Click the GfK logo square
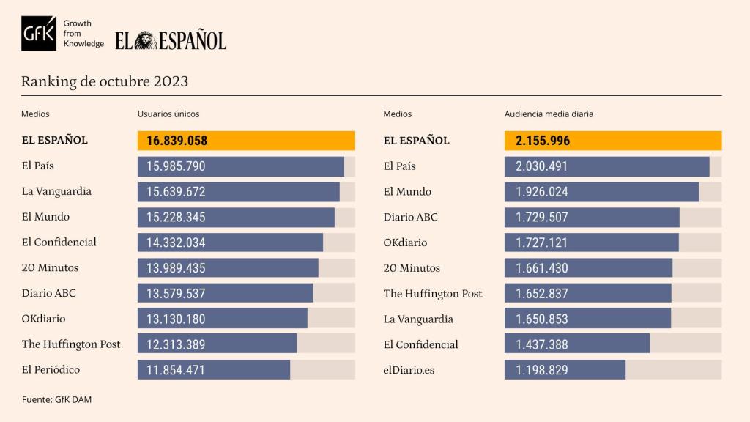pos(40,33)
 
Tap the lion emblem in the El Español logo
pos(146,40)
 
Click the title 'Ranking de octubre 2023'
pos(105,81)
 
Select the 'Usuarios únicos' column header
pos(168,114)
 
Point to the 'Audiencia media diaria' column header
pos(549,114)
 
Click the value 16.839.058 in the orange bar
pos(177,141)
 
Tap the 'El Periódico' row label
pos(51,370)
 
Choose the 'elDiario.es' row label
pos(409,370)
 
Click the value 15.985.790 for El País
pos(177,166)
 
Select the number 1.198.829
pos(541,370)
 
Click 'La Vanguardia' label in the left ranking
pos(56,191)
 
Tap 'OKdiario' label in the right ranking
pos(405,243)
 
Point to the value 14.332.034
pos(177,243)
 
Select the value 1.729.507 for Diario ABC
pos(541,217)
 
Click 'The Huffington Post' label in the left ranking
pos(71,344)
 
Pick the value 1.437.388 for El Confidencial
pos(541,344)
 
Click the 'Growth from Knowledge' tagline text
pos(83,34)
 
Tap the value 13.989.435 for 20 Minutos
pos(177,268)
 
